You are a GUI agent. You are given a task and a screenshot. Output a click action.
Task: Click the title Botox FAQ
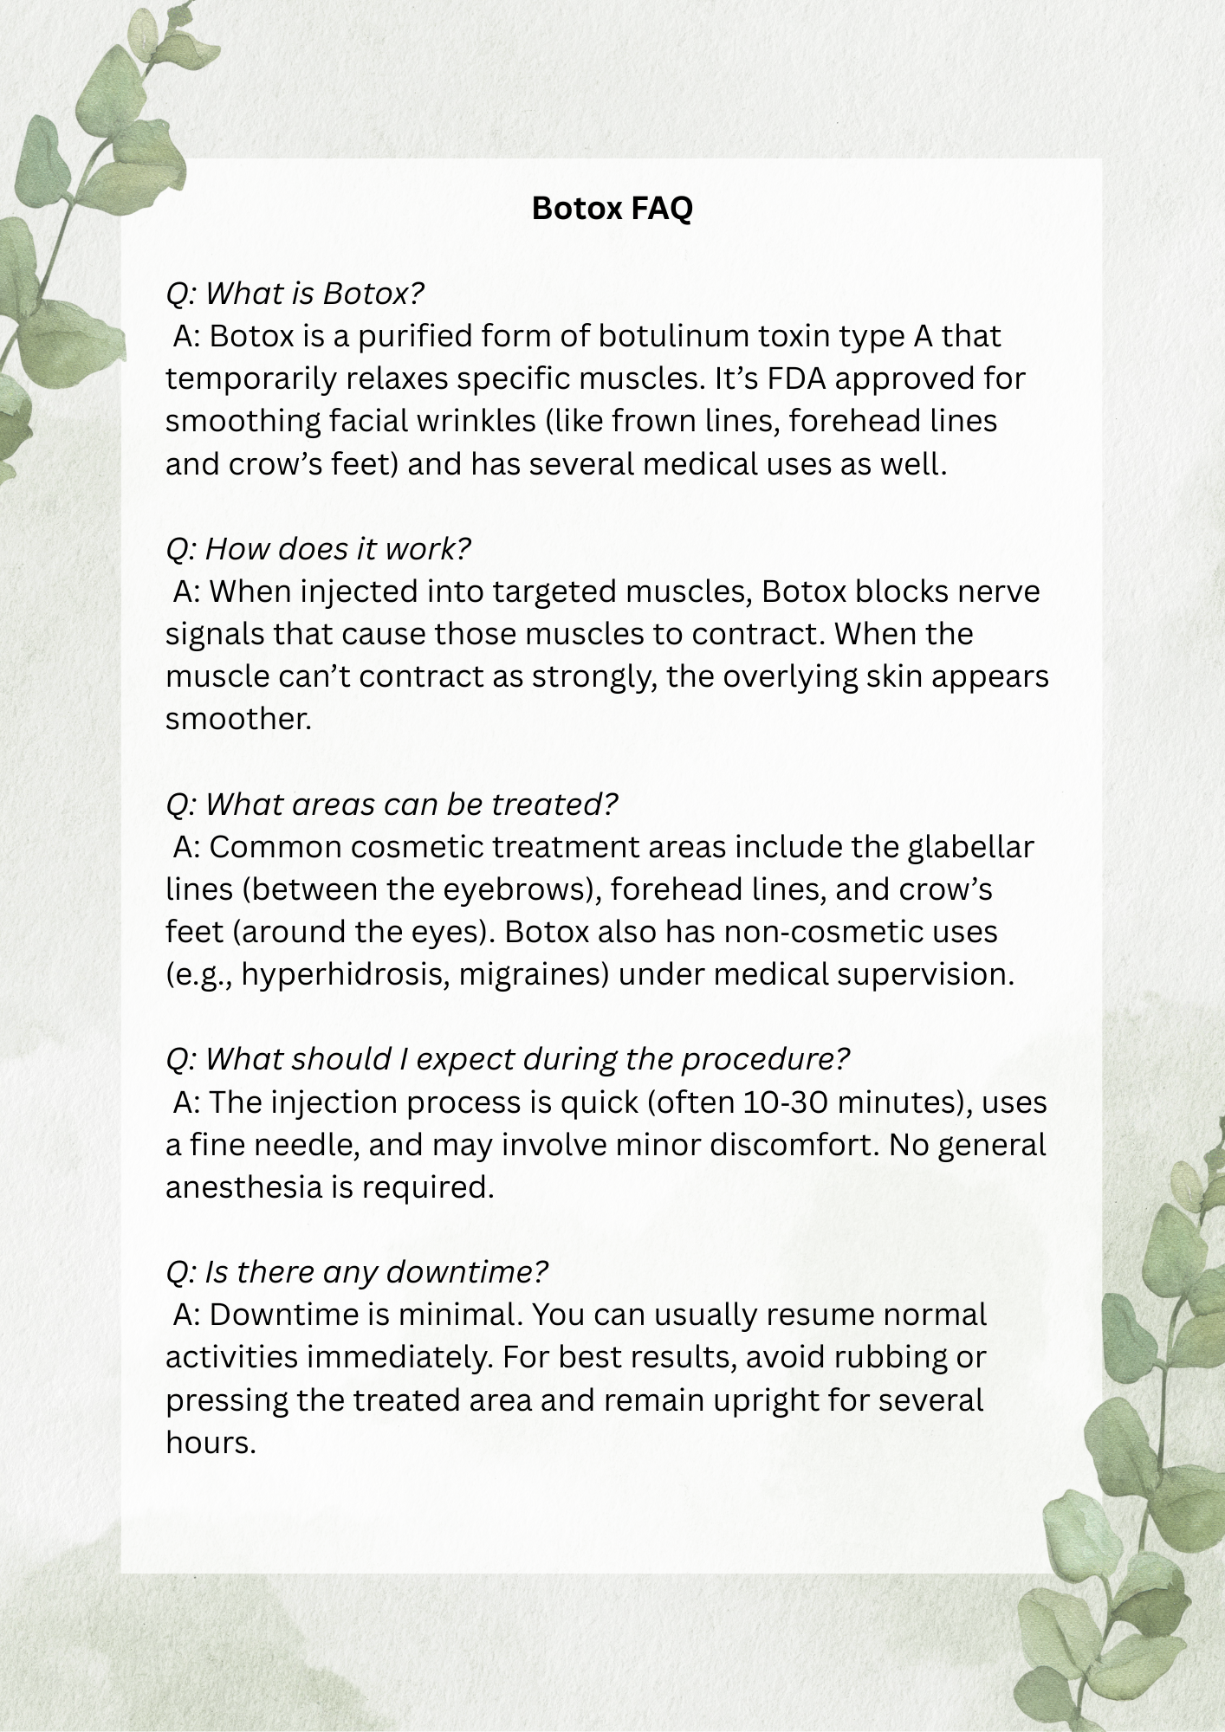(612, 208)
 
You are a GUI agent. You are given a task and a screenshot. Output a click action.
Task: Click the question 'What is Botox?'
(295, 294)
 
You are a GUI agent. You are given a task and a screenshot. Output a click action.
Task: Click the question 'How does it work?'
(318, 548)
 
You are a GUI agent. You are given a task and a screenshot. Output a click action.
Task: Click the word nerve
(998, 591)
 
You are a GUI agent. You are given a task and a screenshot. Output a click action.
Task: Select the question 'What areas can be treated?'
(392, 804)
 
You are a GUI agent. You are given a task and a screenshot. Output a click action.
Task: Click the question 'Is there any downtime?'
(357, 1271)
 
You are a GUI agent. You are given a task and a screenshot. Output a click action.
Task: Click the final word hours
(211, 1443)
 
